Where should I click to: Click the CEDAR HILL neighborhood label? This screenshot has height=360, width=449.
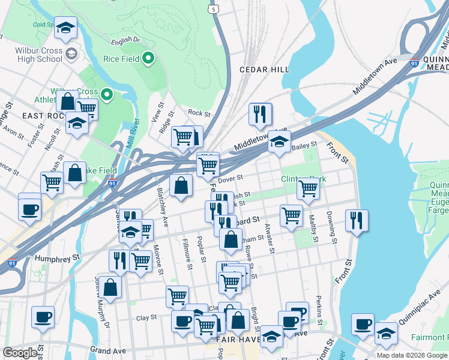(264, 70)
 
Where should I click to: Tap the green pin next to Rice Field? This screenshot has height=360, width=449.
(149, 59)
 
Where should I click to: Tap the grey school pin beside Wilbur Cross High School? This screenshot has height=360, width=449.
(71, 54)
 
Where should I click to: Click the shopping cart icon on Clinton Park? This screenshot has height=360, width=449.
(308, 188)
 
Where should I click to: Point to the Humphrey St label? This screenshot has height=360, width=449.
(57, 259)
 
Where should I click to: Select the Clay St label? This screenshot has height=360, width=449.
(146, 317)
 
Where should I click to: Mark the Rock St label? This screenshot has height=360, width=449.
(199, 113)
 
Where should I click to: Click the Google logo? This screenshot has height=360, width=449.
(20, 353)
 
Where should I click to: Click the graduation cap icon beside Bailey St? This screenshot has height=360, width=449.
(279, 141)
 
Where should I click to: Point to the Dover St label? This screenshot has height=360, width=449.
(230, 178)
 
